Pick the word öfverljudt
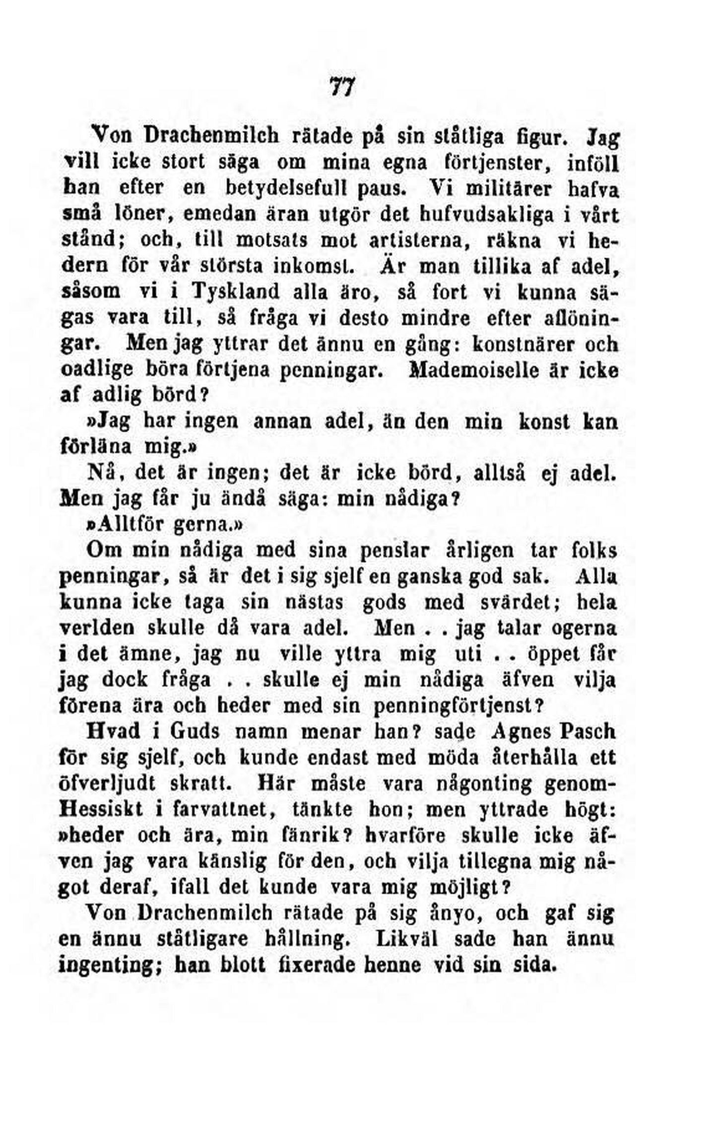(x=111, y=783)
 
